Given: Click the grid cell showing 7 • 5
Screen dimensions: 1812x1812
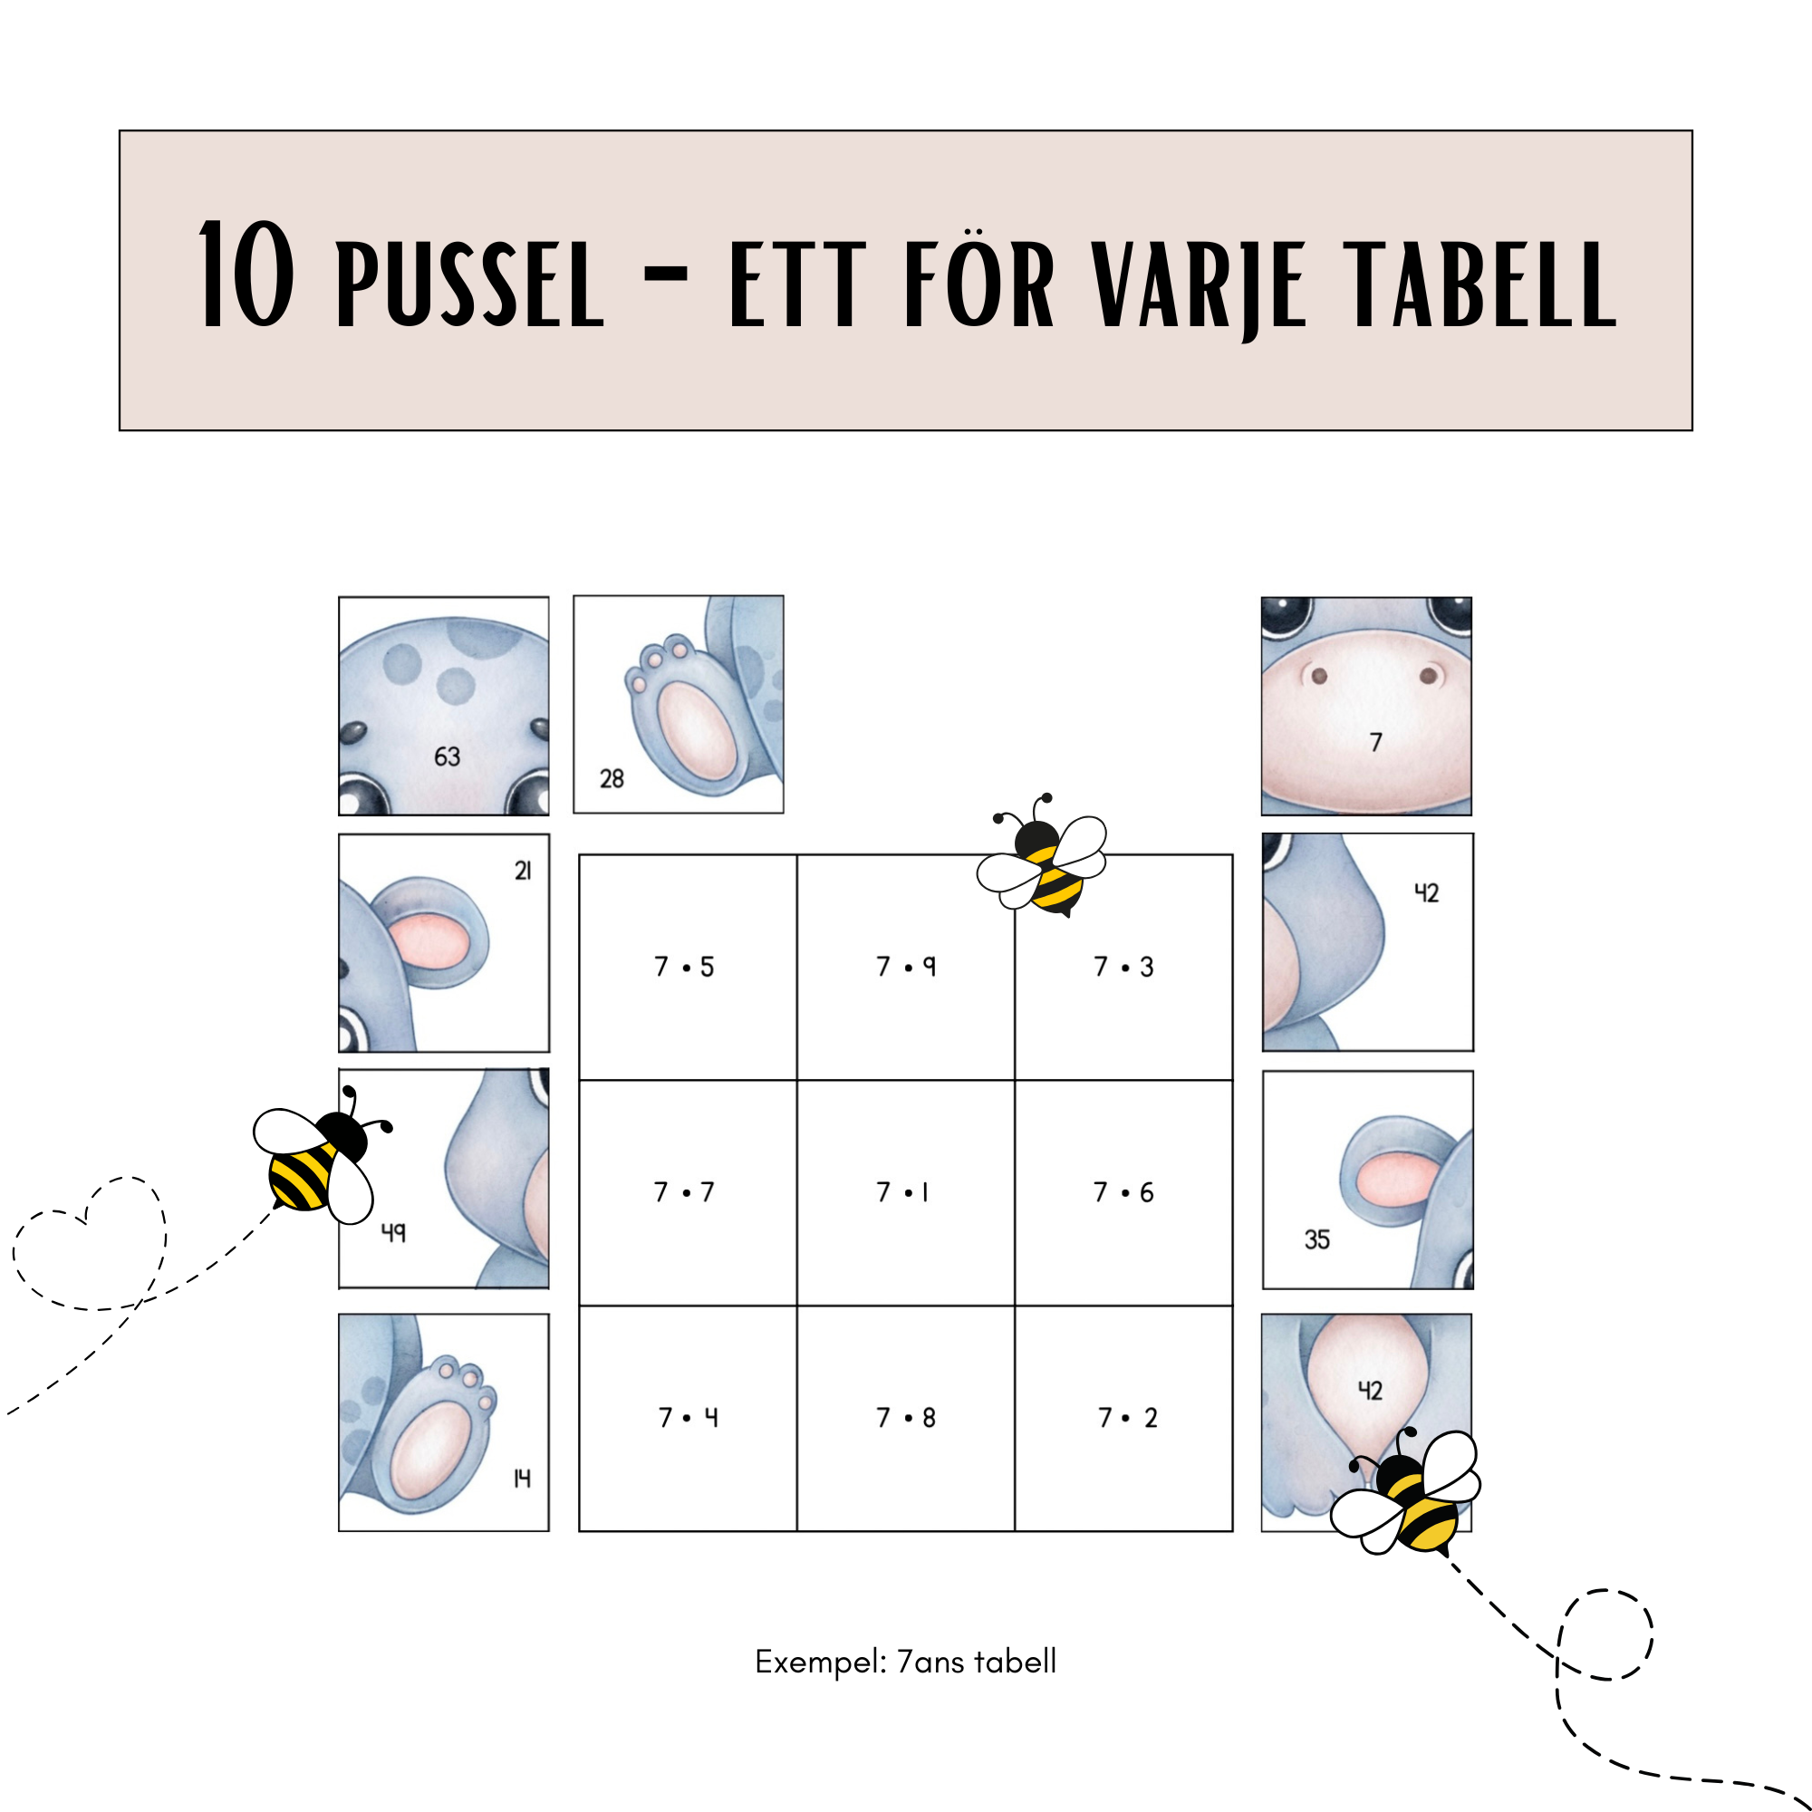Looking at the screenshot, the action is click(x=688, y=967).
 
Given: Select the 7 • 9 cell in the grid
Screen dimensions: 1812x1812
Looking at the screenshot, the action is click(x=906, y=967).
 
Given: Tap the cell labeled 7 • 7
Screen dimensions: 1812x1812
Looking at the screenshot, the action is click(x=688, y=1193).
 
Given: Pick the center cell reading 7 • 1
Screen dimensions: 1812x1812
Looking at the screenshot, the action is click(x=906, y=1193).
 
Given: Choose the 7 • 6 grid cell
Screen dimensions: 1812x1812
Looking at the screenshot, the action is click(x=1123, y=1193).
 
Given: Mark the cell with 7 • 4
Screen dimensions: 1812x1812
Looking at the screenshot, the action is click(x=688, y=1418).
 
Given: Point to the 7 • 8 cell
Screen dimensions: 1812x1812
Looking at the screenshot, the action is click(x=906, y=1418).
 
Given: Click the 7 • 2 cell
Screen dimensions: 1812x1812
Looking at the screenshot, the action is click(x=1123, y=1418).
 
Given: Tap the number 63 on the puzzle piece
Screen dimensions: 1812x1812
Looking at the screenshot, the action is click(x=448, y=757).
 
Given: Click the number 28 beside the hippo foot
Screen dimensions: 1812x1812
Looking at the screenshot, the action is click(x=612, y=778).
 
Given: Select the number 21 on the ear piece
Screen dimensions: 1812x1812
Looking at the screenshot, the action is click(x=524, y=872).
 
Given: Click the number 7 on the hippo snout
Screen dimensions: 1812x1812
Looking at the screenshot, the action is click(x=1376, y=743).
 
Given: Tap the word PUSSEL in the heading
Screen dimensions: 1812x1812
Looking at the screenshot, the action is click(x=470, y=284).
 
